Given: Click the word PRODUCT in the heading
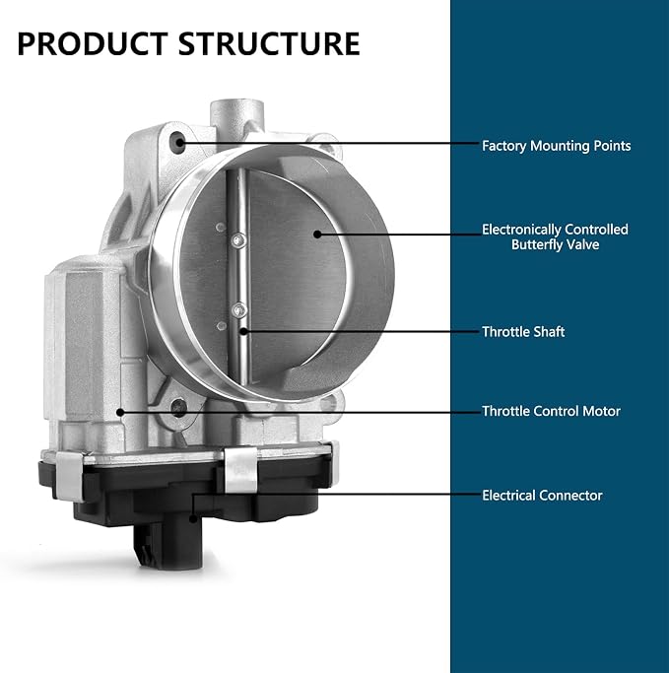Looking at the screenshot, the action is point(93,43).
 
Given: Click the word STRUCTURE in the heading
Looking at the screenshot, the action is point(269,43).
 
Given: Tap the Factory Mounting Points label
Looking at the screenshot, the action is point(556,146).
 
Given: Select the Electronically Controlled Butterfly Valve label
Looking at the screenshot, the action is point(555,236).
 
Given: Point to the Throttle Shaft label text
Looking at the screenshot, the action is point(523,332).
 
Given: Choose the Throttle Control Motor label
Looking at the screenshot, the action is point(551,411).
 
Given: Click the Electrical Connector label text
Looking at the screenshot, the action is point(542,496).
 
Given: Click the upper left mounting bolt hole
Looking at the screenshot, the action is point(178,143).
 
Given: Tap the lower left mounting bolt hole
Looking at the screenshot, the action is point(178,407).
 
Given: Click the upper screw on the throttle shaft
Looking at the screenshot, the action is point(239,240).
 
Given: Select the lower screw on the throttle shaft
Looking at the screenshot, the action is point(239,309).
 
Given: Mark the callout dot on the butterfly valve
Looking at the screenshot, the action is point(317,234).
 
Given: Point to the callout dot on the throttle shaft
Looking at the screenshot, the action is point(243,331).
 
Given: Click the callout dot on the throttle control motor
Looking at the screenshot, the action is point(120,412).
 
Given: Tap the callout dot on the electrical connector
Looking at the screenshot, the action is point(193,519).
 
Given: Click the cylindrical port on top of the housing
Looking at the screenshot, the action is point(236,113).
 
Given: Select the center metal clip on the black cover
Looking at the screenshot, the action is point(240,470).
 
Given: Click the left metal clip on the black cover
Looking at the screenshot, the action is point(70,476).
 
